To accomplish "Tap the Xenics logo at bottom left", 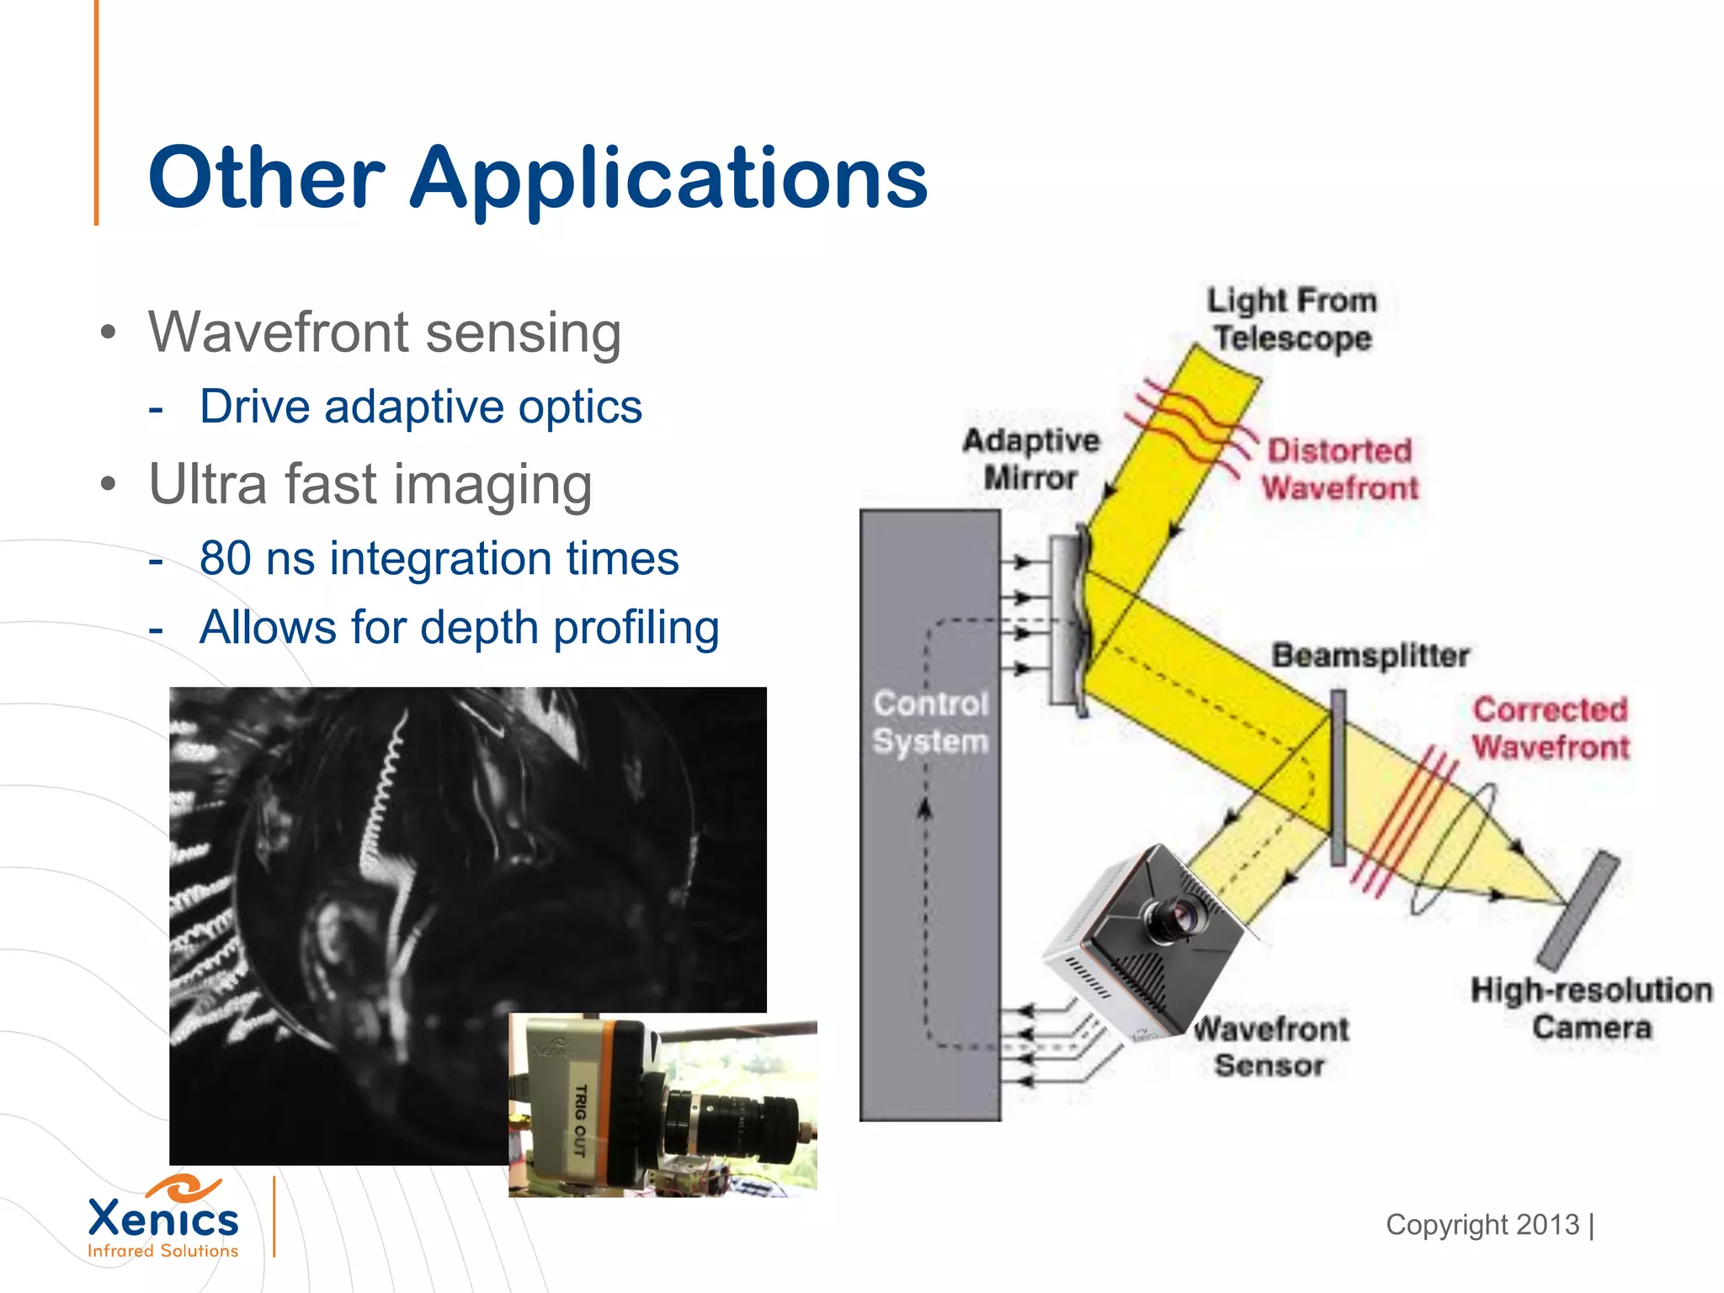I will pos(163,1217).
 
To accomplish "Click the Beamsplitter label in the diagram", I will pos(1370,655).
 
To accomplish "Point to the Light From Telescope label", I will pos(1292,319).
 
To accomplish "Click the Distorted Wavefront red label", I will pos(1339,469).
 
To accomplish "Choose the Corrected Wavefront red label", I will pos(1551,728).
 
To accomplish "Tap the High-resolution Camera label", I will pos(1591,1008).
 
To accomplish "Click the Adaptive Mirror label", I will pos(1031,459).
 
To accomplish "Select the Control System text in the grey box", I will pos(930,722).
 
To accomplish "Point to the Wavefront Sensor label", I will pos(1271,1046).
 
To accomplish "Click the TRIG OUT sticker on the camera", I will pos(580,1120).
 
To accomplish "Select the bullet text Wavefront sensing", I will pos(385,333).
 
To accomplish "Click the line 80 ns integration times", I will pos(439,558).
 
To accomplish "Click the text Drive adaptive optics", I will pos(420,407).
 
